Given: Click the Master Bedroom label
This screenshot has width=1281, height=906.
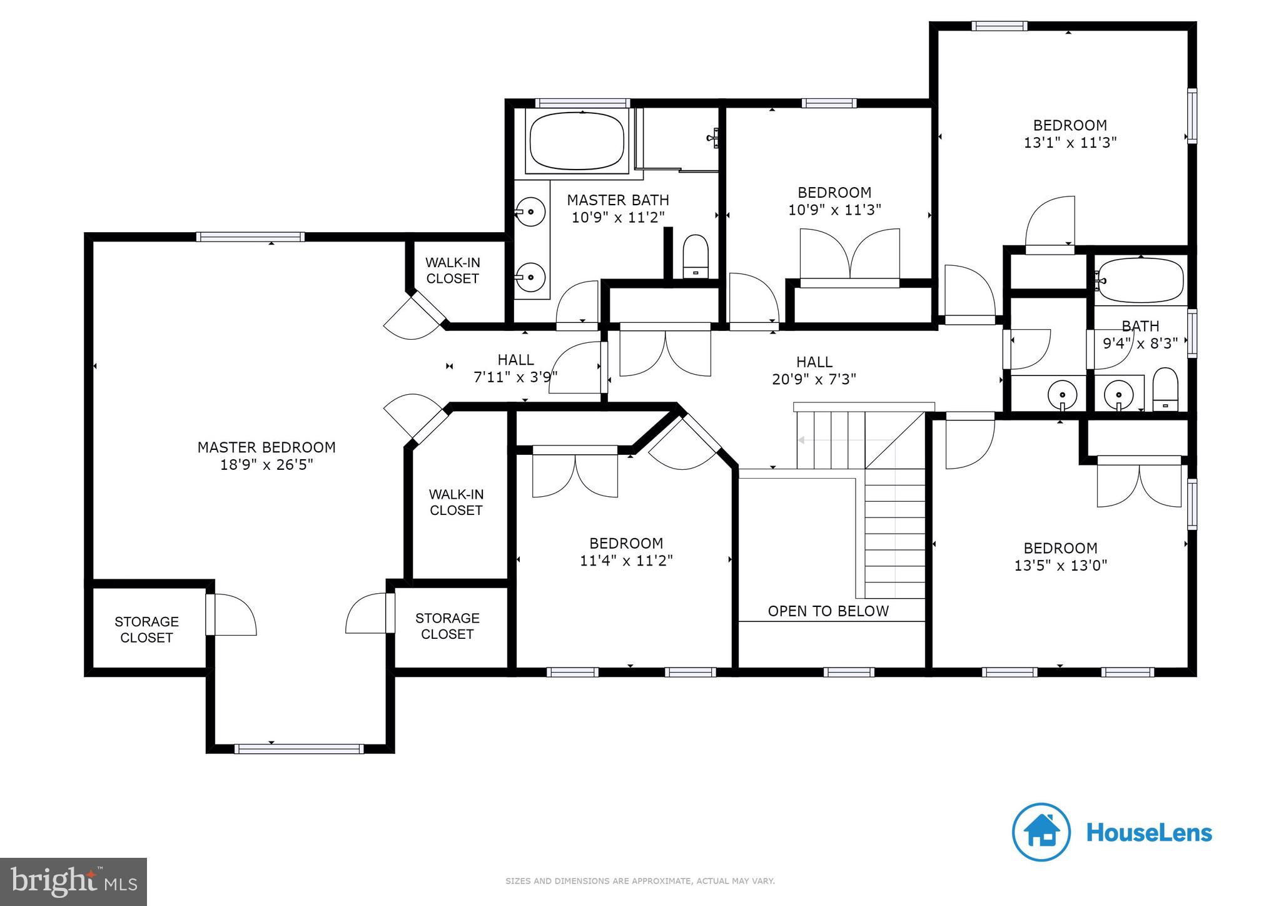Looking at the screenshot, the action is point(266,447).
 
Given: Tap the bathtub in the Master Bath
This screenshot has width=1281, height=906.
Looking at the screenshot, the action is point(577,141).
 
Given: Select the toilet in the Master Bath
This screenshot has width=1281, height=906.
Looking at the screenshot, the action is point(695,257).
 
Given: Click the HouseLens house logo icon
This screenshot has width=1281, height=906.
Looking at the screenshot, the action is point(1041,832).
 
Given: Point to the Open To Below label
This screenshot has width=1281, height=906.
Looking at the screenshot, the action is point(828,611).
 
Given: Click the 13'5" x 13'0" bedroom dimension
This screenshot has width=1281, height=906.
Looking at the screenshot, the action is point(1061,566).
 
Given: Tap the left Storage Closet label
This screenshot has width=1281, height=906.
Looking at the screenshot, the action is point(146,629).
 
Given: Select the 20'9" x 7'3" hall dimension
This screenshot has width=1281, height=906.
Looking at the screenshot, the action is point(814,379).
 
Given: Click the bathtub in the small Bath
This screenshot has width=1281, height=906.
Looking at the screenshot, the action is point(1140,281).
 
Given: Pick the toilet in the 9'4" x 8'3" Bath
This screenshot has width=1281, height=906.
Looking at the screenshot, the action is point(1165,389).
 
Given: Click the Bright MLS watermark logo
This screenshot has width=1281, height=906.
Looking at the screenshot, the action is point(74,882).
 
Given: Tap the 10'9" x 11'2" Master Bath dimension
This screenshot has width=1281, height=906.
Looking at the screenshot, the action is point(618,217).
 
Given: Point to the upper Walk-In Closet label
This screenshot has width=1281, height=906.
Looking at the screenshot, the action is point(452,270).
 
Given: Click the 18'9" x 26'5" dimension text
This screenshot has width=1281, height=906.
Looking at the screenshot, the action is point(266,465).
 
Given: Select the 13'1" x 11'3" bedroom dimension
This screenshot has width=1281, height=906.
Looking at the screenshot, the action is point(1070,143).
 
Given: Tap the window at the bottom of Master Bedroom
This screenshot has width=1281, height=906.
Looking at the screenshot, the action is point(299,749).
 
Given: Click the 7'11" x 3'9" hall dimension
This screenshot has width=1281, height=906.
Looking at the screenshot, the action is point(515,377).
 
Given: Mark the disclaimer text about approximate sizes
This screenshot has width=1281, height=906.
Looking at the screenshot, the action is point(640,881).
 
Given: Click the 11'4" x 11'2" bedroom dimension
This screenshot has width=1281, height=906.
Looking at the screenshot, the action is point(626,561).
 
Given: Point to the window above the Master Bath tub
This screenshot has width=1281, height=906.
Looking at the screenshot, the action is point(582,103).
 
